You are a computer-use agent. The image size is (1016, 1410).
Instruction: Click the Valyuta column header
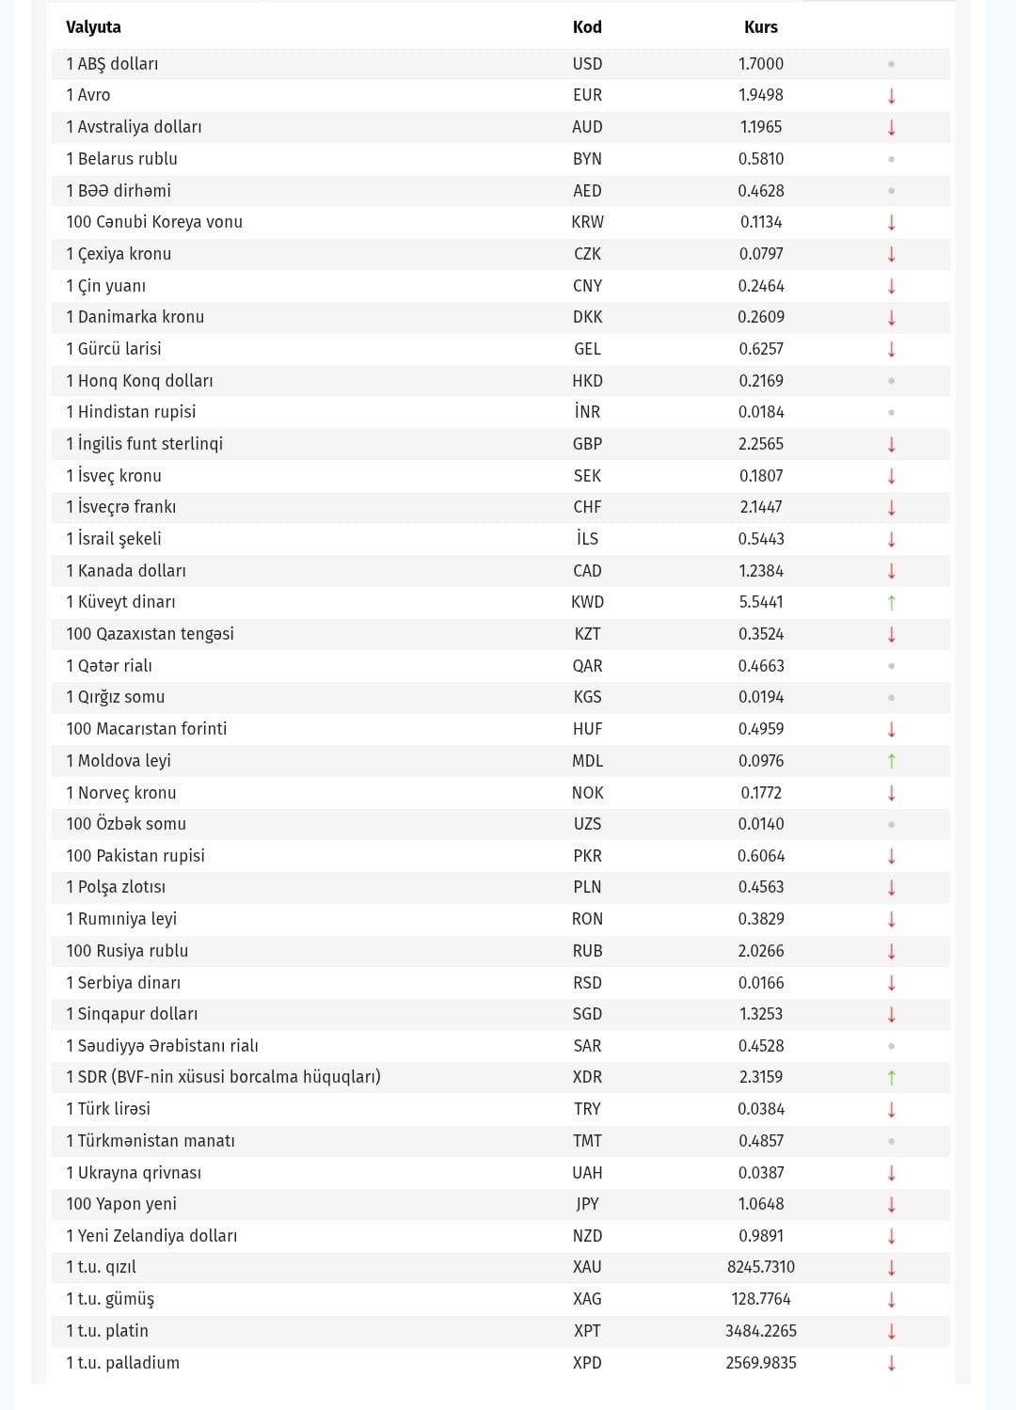pos(93,27)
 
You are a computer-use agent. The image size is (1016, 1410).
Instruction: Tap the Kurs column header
pos(760,27)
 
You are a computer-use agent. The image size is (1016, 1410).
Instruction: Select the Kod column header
pos(587,27)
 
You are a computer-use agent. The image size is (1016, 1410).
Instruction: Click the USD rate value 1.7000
pos(760,64)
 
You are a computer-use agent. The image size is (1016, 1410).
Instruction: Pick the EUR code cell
pos(587,95)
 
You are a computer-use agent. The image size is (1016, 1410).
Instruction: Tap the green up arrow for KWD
pos(891,602)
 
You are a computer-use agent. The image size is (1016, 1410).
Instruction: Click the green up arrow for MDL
pos(891,761)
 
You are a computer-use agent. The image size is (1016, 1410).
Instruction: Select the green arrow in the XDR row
pos(891,1077)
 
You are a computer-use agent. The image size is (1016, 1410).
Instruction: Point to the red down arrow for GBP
pos(891,444)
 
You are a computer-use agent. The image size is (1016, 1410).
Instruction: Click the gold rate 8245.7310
pos(760,1267)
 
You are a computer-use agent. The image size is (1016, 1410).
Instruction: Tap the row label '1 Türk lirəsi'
pos(108,1109)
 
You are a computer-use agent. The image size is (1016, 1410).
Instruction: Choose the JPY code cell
pos(587,1204)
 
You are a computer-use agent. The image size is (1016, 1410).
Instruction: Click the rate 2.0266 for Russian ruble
pos(760,951)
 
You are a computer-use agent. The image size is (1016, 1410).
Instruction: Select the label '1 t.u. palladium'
pos(122,1363)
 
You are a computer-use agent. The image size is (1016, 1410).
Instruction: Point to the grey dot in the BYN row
pos(891,159)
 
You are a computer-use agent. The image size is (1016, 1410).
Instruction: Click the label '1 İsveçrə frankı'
pos(120,507)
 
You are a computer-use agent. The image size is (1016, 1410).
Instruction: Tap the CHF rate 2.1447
pos(760,507)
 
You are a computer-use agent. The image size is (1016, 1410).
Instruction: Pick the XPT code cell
pos(587,1331)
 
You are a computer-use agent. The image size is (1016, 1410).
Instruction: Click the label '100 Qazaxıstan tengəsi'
pos(150,634)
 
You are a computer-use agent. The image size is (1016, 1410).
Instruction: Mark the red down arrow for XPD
pos(891,1363)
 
